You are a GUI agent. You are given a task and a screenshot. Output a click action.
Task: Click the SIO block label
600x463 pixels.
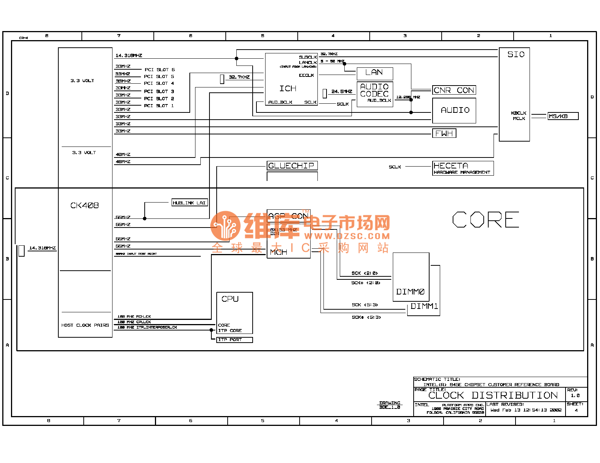[x=516, y=55]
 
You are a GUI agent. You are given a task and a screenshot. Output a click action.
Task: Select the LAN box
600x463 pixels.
[x=375, y=73]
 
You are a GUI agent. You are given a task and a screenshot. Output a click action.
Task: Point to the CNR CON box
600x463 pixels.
[x=454, y=90]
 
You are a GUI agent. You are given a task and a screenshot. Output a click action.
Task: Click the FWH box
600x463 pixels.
[x=444, y=133]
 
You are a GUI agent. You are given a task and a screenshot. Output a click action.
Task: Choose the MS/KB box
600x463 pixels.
[x=563, y=116]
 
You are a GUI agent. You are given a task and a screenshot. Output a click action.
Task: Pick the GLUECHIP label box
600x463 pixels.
[x=292, y=166]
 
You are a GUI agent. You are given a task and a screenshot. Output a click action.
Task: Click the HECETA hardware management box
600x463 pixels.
[x=462, y=168]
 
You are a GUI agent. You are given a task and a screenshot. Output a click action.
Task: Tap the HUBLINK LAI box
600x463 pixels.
[x=189, y=203]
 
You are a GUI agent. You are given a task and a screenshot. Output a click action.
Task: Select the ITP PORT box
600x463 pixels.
[x=234, y=340]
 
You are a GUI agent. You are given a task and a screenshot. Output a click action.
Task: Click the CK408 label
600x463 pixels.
[x=84, y=206]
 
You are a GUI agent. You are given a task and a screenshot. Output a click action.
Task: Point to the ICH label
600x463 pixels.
[x=288, y=89]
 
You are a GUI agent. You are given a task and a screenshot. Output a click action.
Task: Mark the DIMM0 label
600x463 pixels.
[x=410, y=292]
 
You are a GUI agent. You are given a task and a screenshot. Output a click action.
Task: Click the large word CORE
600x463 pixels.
[x=486, y=220]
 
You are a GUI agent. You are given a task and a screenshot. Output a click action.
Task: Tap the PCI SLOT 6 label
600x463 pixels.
[x=159, y=70]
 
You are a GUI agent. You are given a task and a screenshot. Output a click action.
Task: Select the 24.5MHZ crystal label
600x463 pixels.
[x=342, y=92]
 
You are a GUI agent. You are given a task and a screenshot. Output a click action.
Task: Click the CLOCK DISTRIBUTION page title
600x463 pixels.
[x=493, y=396]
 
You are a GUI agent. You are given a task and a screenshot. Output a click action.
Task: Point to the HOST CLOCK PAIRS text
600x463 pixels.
[x=85, y=325]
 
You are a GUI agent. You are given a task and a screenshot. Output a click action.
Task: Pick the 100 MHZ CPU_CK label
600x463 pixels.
[x=134, y=322]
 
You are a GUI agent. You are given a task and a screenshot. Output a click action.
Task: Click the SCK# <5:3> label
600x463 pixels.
[x=366, y=317]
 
